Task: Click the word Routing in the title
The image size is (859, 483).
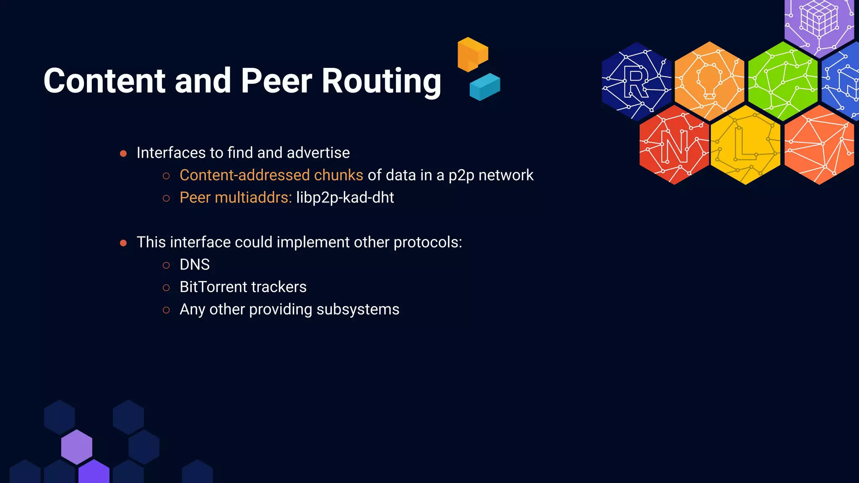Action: (381, 81)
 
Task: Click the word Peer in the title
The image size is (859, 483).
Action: (276, 81)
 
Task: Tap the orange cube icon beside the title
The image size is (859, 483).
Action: (473, 54)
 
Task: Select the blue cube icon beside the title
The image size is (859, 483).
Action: (485, 87)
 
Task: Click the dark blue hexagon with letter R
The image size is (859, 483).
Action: (636, 81)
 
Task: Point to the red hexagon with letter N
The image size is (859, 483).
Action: (674, 145)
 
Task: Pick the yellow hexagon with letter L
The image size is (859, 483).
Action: (745, 145)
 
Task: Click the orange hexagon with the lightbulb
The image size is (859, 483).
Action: (709, 80)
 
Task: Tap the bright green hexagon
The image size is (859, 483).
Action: (783, 80)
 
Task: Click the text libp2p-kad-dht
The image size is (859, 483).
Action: (345, 197)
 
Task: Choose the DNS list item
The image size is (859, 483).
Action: (195, 265)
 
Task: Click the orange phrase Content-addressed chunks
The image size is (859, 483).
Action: (271, 175)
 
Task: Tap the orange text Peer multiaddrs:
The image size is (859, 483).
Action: (235, 197)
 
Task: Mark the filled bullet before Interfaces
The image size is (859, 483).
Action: (123, 153)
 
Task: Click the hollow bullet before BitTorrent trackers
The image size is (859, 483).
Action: (166, 288)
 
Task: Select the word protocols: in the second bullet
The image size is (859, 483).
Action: (427, 242)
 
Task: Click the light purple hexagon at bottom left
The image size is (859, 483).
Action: (77, 447)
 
